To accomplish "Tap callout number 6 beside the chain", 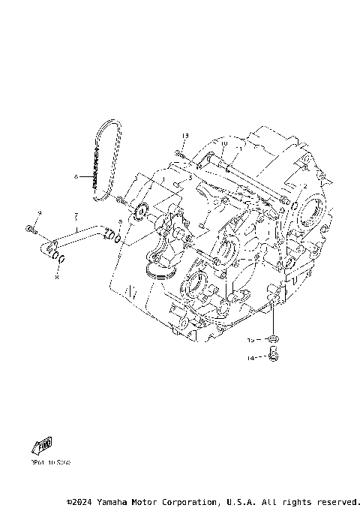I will tap(75, 177).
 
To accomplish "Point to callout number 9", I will tap(40, 214).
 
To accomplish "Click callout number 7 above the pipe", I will tap(76, 215).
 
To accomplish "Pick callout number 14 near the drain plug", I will tap(252, 359).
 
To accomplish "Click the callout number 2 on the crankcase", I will tap(304, 185).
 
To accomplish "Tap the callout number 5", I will tap(190, 177).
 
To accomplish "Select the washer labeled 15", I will tap(274, 340).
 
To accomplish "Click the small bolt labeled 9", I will tap(29, 228).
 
